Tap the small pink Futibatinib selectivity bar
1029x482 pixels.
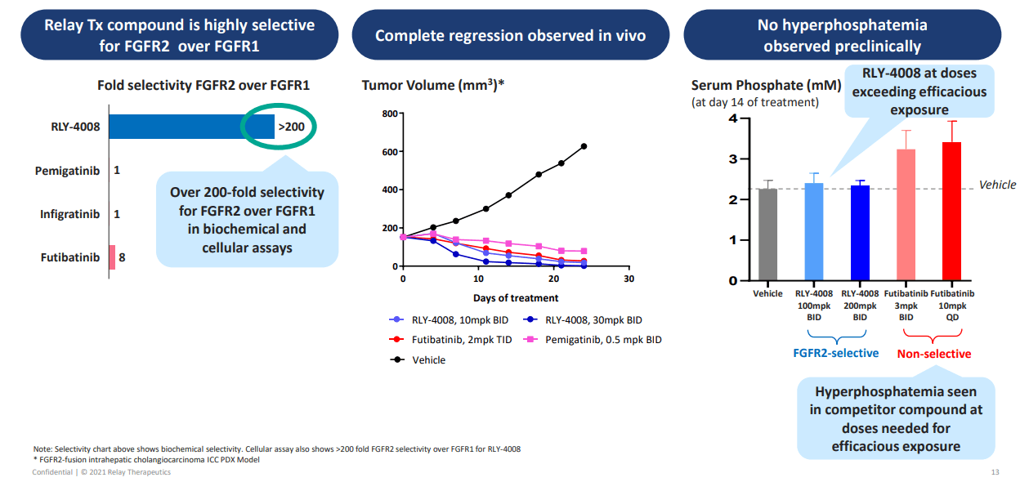pyautogui.click(x=112, y=257)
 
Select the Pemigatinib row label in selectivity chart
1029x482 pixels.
pyautogui.click(x=67, y=171)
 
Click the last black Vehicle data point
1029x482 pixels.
pyautogui.click(x=584, y=146)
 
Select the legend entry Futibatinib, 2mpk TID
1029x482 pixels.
pyautogui.click(x=450, y=339)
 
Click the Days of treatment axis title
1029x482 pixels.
pyautogui.click(x=515, y=298)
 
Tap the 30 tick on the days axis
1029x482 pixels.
pyautogui.click(x=629, y=279)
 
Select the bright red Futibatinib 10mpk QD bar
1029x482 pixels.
pyautogui.click(x=951, y=212)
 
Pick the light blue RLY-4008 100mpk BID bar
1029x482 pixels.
pyautogui.click(x=814, y=232)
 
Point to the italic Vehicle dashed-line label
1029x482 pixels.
pyautogui.click(x=997, y=185)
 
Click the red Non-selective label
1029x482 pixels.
pyautogui.click(x=933, y=354)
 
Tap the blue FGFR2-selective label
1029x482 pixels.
pyautogui.click(x=835, y=353)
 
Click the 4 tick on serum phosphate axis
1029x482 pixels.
pyautogui.click(x=733, y=118)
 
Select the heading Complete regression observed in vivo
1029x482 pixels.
pyautogui.click(x=510, y=35)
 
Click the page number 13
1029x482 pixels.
pyautogui.click(x=995, y=473)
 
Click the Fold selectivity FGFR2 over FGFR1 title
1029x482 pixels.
pyautogui.click(x=204, y=85)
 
